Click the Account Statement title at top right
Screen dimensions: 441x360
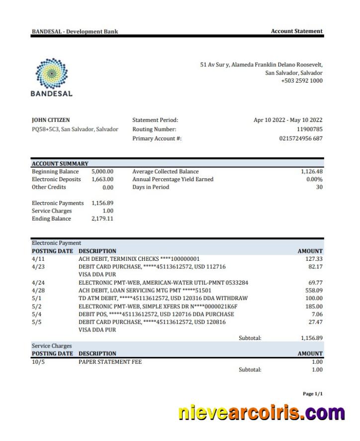[296, 31]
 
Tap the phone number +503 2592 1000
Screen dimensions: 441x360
[301, 81]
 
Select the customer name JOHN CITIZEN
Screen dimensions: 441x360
[51, 120]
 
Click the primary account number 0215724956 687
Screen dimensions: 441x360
[300, 139]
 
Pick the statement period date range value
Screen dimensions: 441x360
[288, 120]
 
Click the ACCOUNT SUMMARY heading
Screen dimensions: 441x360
[60, 164]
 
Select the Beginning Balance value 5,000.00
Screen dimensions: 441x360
[102, 172]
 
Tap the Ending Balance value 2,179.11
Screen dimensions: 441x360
[102, 219]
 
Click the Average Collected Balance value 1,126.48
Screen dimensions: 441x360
[311, 172]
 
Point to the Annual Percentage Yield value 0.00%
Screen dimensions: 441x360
[314, 180]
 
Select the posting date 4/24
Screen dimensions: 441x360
[38, 283]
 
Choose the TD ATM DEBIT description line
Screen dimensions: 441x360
[163, 298]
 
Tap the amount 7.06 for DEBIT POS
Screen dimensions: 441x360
[316, 315]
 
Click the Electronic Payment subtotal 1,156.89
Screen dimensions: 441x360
[311, 338]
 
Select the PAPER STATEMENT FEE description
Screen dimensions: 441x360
[110, 362]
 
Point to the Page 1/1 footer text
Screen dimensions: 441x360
[312, 394]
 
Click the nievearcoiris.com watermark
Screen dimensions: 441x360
[261, 413]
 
